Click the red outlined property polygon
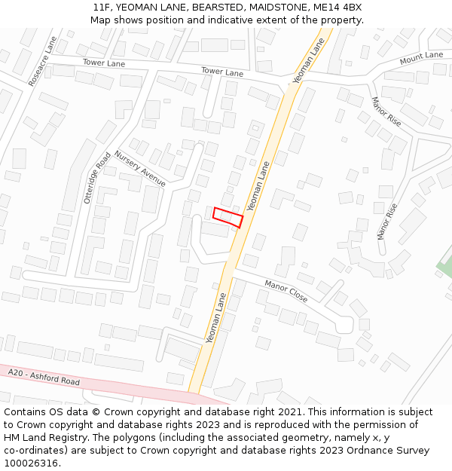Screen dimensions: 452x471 [228, 217]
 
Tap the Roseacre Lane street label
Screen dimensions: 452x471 [42, 60]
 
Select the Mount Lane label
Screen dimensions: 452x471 [422, 57]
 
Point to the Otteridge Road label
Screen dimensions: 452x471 [97, 178]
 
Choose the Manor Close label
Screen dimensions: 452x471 [286, 291]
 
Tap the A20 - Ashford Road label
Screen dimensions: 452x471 [44, 377]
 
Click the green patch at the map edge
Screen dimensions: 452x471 [444, 265]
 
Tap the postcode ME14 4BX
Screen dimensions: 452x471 [337, 7]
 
